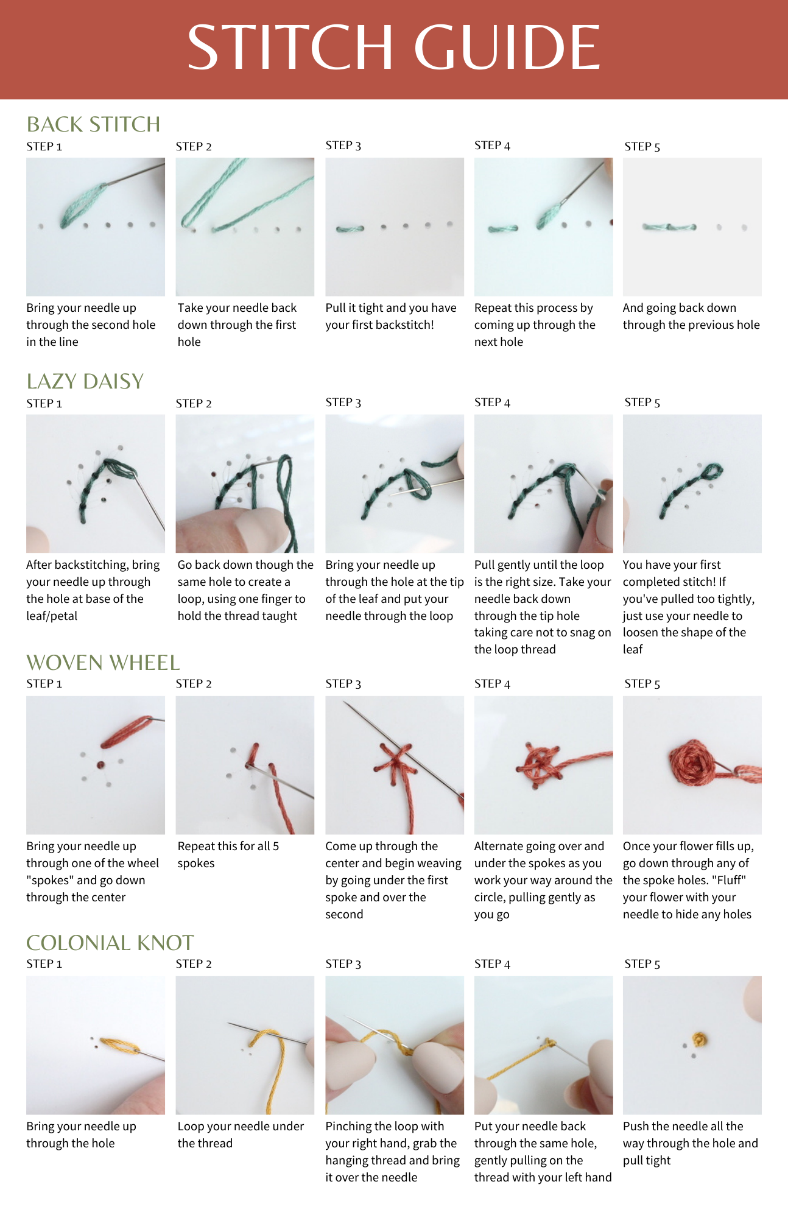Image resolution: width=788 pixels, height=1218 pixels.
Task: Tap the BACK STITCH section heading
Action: (93, 124)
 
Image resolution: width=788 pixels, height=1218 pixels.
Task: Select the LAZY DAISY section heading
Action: (85, 381)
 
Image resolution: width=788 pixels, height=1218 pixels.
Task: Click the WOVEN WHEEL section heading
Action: (103, 663)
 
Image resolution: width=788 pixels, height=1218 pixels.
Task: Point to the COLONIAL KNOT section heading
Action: (110, 943)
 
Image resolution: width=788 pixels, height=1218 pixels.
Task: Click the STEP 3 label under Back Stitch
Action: (343, 146)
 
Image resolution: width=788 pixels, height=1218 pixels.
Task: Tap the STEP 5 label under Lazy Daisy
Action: (642, 403)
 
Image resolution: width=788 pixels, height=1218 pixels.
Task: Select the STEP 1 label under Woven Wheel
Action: (44, 684)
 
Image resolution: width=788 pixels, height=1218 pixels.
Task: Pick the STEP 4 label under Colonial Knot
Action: (492, 964)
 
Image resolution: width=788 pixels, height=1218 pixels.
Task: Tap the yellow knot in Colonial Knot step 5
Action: (700, 1039)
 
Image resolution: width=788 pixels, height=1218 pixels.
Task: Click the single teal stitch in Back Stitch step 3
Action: (350, 229)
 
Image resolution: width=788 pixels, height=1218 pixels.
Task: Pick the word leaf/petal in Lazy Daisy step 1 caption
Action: (52, 616)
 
